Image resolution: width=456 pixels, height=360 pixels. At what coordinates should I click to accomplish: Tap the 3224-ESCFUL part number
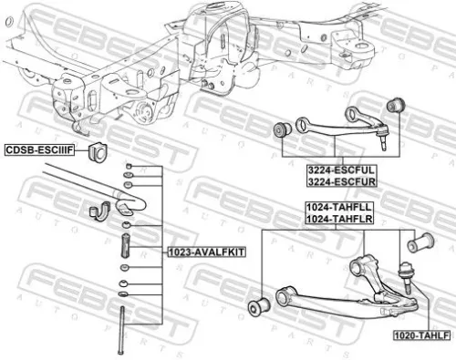click(x=335, y=169)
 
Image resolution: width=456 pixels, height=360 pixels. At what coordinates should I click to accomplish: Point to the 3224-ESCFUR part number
click(x=335, y=180)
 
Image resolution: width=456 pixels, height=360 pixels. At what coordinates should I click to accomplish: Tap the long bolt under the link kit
click(x=120, y=333)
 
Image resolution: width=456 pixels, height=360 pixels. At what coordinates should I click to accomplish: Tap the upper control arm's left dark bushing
click(x=281, y=129)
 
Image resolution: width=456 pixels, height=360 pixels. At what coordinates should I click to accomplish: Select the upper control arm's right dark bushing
click(x=394, y=107)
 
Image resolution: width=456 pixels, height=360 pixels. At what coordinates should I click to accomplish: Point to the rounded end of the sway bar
click(x=128, y=197)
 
